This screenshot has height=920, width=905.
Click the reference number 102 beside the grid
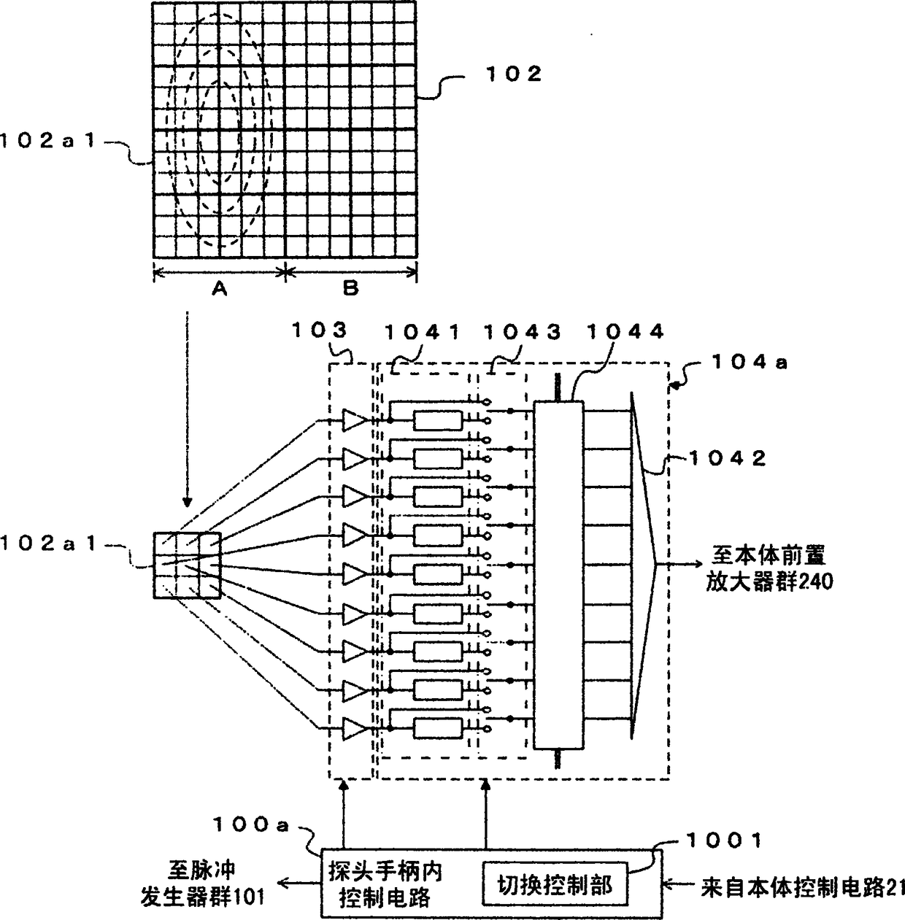pyautogui.click(x=515, y=74)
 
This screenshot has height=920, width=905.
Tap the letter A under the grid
pyautogui.click(x=219, y=289)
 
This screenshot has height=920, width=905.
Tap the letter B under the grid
pyautogui.click(x=351, y=289)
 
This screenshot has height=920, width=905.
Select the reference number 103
pyautogui.click(x=319, y=330)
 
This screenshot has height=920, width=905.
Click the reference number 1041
pyautogui.click(x=423, y=332)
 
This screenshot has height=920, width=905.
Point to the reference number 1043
pyautogui.click(x=523, y=332)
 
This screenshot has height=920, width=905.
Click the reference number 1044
pyautogui.click(x=625, y=332)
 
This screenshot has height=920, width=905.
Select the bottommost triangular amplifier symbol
pyautogui.click(x=354, y=727)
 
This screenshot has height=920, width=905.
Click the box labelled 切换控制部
pyautogui.click(x=554, y=886)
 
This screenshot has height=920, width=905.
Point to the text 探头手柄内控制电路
pyautogui.click(x=385, y=884)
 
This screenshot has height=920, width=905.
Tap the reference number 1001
pyautogui.click(x=723, y=841)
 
